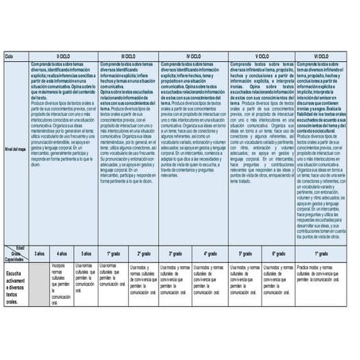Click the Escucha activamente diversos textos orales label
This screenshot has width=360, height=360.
coord(15,285)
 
